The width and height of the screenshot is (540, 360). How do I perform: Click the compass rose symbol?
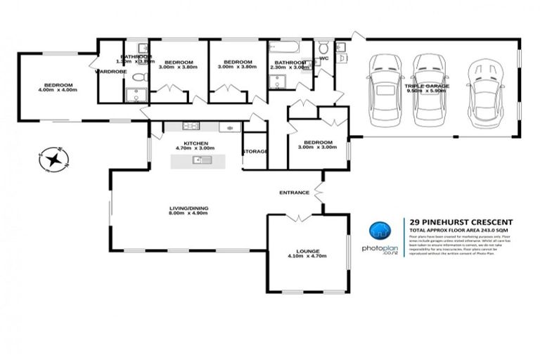[x=52, y=159]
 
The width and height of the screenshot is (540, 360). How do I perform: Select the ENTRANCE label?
[x=294, y=192]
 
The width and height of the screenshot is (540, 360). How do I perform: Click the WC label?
[x=324, y=58]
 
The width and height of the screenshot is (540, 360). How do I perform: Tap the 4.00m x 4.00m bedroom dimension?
[x=56, y=91]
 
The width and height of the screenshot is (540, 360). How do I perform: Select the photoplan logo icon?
[x=380, y=229]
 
